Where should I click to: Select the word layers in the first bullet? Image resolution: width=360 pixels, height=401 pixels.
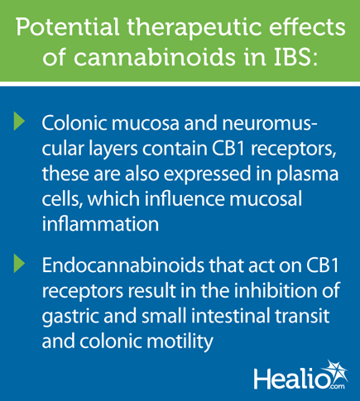(x=115, y=149)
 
